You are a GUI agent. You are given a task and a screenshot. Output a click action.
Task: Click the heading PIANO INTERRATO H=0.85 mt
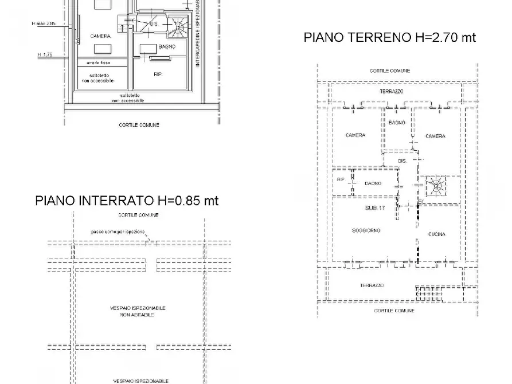[127, 201]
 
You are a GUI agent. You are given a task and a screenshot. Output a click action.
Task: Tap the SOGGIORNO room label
[366, 230]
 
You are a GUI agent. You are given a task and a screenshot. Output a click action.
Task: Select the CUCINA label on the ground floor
[436, 234]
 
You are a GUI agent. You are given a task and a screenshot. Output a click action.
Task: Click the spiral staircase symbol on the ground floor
[436, 186]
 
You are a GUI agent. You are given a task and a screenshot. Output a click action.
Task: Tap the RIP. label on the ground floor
[341, 180]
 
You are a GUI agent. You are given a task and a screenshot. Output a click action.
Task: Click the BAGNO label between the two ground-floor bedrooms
[397, 123]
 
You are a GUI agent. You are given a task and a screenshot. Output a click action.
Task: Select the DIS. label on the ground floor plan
[402, 161]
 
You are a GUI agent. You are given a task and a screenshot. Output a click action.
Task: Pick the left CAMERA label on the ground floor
[355, 136]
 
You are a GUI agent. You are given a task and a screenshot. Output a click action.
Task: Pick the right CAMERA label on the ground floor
[435, 136]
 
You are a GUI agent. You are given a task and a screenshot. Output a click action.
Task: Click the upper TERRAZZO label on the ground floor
[392, 92]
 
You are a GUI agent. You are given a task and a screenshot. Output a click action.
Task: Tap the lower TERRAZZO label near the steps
[372, 285]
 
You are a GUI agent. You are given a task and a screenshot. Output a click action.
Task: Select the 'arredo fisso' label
[98, 62]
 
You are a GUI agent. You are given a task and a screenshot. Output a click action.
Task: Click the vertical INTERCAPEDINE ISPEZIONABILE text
[198, 33]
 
